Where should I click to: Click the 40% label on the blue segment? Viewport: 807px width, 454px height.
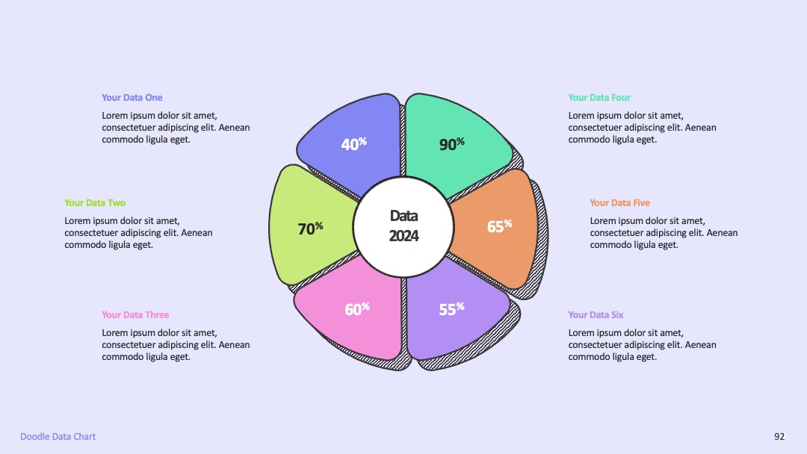point(354,143)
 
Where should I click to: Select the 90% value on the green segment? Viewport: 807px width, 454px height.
point(452,143)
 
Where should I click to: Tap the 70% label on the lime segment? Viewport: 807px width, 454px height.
point(310,228)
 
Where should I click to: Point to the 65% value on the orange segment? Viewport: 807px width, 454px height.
point(500,226)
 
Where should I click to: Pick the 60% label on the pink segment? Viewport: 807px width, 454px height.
point(357,308)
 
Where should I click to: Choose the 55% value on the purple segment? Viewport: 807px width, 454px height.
point(452,308)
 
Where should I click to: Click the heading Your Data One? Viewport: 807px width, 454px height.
point(132,98)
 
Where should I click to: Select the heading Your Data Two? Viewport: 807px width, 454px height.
point(95,203)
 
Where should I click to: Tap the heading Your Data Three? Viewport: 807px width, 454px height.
point(135,314)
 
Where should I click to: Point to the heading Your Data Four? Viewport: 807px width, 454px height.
point(599,98)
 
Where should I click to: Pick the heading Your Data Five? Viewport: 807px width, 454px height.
point(619,203)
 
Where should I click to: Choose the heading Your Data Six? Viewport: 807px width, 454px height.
point(596,314)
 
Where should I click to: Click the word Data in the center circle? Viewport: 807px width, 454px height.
point(403,216)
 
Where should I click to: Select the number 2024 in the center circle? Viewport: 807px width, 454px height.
point(403,236)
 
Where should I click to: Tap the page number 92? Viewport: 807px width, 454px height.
point(779,437)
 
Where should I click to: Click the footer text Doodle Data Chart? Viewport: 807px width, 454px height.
point(58,437)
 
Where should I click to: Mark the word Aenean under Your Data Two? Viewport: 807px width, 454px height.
point(197,233)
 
